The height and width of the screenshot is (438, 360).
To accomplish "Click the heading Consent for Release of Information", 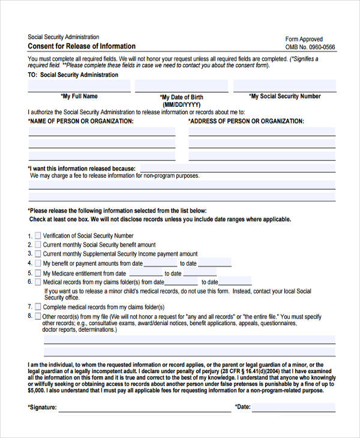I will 82,46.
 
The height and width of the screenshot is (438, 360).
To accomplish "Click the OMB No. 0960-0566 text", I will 310,47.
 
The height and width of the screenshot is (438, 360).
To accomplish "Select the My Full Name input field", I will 79,86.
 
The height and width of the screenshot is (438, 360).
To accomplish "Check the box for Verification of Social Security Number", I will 38,236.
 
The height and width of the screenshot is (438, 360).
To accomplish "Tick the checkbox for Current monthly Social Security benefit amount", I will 38,245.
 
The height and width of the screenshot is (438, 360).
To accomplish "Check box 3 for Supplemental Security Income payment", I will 38,254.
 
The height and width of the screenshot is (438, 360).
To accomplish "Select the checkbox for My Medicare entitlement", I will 38,273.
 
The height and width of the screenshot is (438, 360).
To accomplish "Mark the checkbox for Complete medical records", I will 38,307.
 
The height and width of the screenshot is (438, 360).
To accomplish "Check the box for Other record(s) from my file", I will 38,316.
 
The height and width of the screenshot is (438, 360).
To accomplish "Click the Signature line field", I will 144,407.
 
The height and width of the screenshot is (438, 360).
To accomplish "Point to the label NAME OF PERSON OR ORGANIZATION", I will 81,121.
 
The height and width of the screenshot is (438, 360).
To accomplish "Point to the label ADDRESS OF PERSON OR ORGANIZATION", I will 246,121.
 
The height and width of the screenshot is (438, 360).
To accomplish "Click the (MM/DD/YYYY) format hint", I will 181,104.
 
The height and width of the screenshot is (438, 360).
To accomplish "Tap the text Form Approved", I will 304,39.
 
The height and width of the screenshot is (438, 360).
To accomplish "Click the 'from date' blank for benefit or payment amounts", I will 160,263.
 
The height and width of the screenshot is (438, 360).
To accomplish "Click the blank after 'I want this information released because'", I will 237,169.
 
